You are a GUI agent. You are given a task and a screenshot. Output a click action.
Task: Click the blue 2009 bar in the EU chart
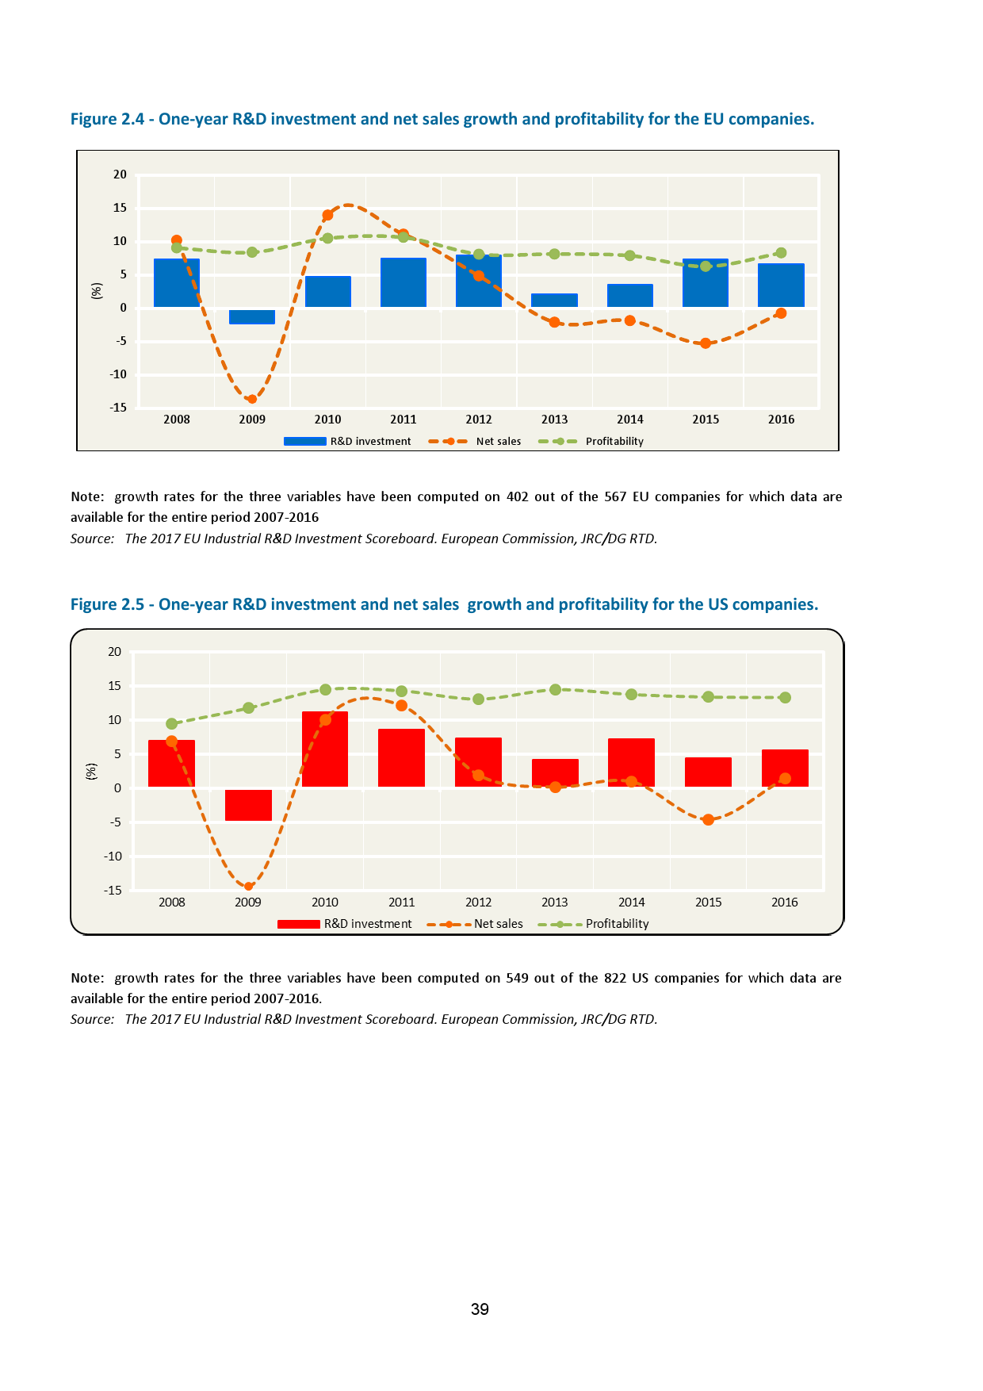(252, 316)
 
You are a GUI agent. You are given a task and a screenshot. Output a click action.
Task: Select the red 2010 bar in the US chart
(325, 749)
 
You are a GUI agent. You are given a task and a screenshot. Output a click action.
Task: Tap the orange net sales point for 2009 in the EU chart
(252, 399)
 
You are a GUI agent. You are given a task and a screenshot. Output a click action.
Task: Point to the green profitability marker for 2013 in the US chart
(555, 690)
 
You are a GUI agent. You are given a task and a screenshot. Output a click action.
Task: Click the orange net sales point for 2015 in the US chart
(708, 820)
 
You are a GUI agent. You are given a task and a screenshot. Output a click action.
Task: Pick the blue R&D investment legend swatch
(304, 442)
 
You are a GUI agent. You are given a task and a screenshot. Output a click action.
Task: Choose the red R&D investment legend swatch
(299, 924)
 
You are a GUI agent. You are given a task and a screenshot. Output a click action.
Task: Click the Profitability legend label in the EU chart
(614, 442)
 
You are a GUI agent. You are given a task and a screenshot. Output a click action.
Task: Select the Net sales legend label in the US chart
(499, 924)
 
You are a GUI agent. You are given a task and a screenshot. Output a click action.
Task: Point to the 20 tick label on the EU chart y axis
(120, 174)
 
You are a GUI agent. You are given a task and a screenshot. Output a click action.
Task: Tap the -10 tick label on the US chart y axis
(113, 856)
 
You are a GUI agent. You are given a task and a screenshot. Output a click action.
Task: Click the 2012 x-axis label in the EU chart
(479, 420)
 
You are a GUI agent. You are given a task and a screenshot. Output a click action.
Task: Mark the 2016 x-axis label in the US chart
(785, 902)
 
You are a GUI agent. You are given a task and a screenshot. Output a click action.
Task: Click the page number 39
(480, 1309)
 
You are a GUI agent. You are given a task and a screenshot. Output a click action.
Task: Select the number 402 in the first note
(517, 497)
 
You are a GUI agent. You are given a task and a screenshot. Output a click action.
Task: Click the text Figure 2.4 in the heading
(107, 119)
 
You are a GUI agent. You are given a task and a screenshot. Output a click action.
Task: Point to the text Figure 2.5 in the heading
(107, 604)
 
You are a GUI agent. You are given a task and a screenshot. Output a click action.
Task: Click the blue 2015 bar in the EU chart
(706, 283)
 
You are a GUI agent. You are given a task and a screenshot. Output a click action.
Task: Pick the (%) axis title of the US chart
(91, 772)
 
